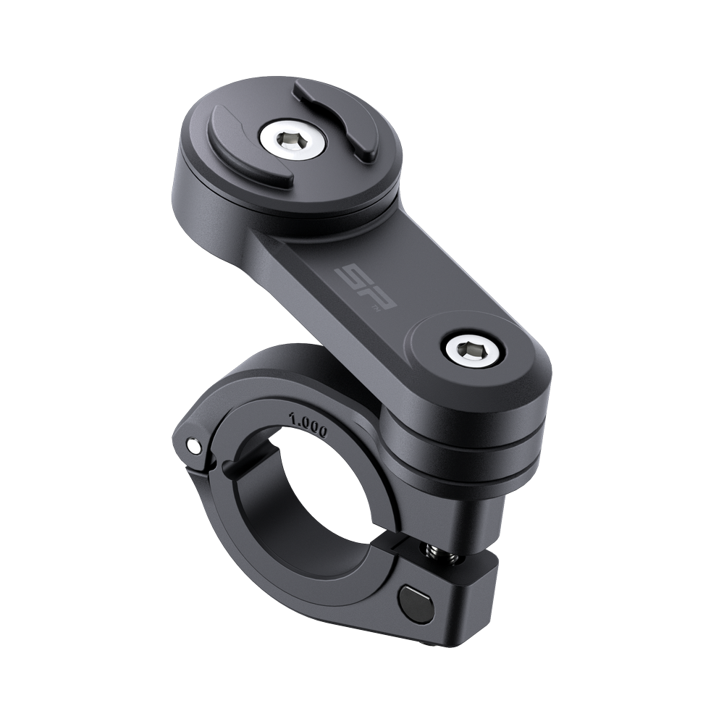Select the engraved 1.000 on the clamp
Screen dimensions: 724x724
tap(308, 422)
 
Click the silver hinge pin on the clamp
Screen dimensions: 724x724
tap(196, 445)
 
